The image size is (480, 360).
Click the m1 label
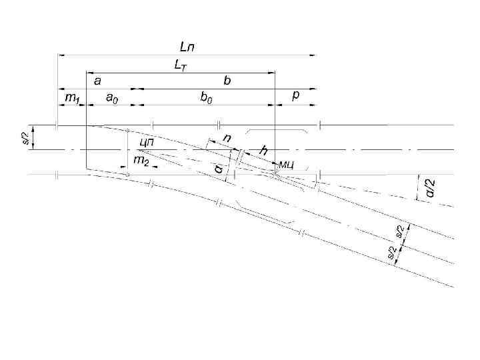72,99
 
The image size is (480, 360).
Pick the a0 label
113,99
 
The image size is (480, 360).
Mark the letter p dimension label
296,97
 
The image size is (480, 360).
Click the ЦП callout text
147,142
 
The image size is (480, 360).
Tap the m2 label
141,161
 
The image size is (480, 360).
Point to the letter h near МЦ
263,152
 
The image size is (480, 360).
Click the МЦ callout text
287,164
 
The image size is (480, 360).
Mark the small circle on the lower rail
127,175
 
